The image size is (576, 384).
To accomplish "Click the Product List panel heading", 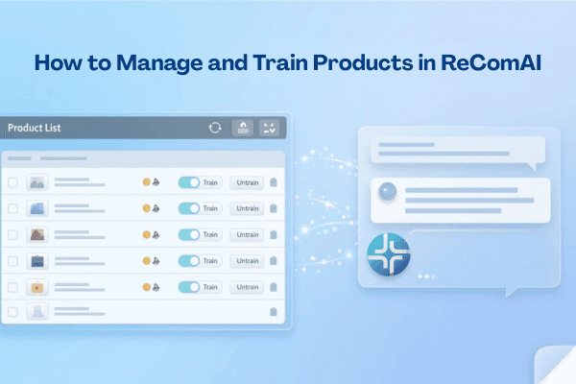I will [36, 128].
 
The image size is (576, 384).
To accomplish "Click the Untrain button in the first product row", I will [247, 181].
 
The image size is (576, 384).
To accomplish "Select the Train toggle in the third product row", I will [189, 234].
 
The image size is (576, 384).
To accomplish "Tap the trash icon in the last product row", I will [274, 312].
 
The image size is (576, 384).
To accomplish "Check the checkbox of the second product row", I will [12, 208].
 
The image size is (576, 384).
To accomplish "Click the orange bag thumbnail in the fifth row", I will [37, 286].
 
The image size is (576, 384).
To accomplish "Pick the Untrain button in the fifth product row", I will [247, 286].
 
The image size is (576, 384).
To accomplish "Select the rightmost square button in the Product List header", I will [270, 128].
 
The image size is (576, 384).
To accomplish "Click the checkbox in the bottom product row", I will [12, 312].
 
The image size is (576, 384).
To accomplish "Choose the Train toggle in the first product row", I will [189, 181].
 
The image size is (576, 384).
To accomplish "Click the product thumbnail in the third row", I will [37, 234].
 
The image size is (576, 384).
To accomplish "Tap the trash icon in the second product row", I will [274, 208].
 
